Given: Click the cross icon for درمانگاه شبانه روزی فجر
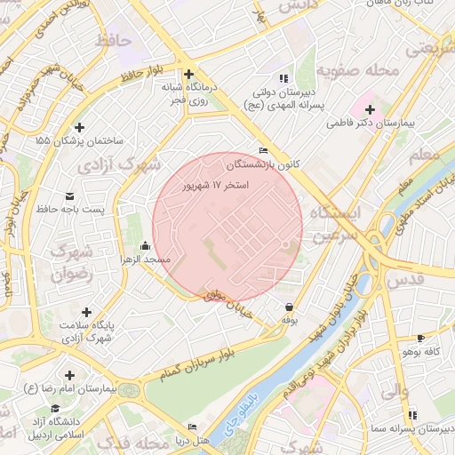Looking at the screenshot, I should [x=188, y=75].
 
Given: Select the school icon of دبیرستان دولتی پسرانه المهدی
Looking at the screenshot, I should [x=283, y=77].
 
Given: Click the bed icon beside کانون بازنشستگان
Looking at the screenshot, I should [x=262, y=151].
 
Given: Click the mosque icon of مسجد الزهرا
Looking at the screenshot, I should [x=145, y=246].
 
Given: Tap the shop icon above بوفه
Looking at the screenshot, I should [x=289, y=307].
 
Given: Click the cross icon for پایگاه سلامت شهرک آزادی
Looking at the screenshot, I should [x=86, y=312].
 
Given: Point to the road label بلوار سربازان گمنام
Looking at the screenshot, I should [x=190, y=363].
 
